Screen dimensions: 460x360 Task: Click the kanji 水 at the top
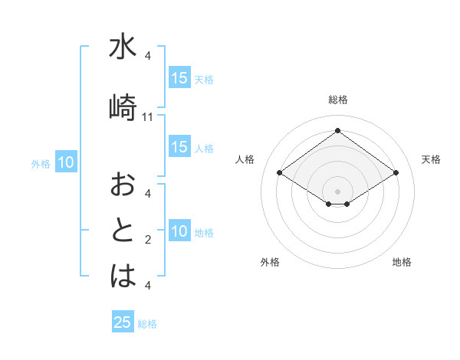point(123,47)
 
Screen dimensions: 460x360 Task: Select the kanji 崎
point(123,106)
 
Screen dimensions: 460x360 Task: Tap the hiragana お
point(123,184)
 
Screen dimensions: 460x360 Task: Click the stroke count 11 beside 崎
point(148,117)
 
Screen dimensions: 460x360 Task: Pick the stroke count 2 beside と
point(148,241)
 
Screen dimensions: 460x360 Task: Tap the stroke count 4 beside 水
point(148,56)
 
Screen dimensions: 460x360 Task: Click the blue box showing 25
point(123,322)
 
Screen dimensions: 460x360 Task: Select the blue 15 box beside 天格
point(179,77)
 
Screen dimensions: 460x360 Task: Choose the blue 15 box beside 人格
point(179,148)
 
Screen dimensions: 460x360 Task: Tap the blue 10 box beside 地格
point(179,232)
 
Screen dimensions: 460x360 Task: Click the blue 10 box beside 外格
point(66,162)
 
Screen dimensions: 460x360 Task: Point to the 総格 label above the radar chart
point(338,100)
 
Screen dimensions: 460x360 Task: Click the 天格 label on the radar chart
point(431,159)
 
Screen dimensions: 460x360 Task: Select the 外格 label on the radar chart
point(270,262)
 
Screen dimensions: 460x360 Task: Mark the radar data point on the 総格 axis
point(337,130)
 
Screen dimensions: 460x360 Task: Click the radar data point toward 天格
point(396,173)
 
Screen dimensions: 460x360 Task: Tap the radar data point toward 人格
point(280,173)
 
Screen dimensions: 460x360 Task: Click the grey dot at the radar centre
point(337,191)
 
